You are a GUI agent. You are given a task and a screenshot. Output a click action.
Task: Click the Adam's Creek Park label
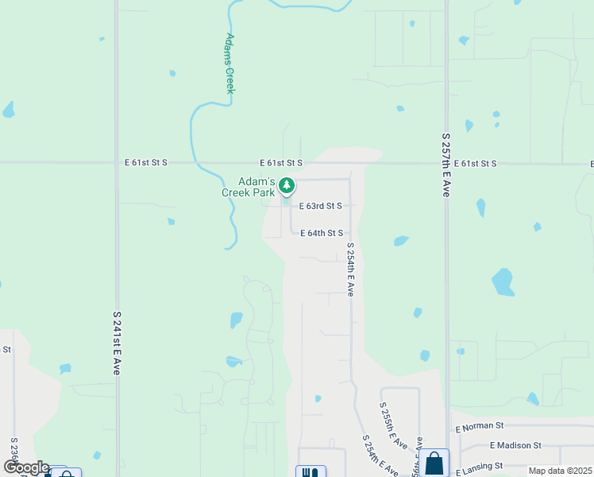click(x=248, y=187)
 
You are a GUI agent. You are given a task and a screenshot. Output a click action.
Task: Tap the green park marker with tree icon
click(x=287, y=186)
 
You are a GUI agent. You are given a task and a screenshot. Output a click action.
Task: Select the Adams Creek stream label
click(x=229, y=63)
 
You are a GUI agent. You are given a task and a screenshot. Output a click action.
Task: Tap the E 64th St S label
click(x=322, y=233)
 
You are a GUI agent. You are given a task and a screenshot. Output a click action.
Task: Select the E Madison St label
click(x=515, y=446)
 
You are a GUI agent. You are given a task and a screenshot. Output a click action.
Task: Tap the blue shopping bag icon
click(x=434, y=463)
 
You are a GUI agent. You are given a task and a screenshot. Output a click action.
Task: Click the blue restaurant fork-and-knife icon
click(x=311, y=472)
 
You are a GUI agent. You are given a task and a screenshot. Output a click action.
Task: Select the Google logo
click(x=25, y=467)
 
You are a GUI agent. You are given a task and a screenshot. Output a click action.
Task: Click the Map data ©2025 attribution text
click(x=560, y=471)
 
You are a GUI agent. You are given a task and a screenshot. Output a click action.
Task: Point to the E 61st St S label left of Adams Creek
click(x=146, y=162)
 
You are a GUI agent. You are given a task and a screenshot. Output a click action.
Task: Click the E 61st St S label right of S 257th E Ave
click(x=476, y=163)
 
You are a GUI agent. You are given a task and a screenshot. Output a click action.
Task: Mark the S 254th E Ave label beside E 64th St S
click(x=349, y=273)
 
